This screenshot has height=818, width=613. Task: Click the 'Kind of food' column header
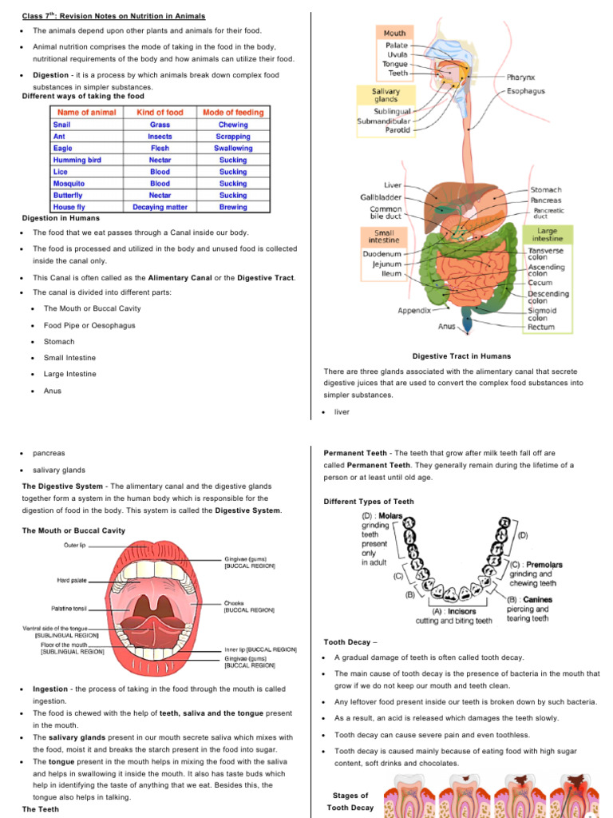coord(160,113)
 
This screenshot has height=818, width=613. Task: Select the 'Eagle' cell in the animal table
coord(62,148)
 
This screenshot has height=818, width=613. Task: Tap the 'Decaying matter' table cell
coord(160,207)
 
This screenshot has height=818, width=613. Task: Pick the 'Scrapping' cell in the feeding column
coord(233,137)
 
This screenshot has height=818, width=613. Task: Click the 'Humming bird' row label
coord(77,160)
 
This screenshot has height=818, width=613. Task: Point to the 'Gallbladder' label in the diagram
coord(381,197)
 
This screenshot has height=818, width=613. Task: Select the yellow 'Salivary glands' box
coord(386,96)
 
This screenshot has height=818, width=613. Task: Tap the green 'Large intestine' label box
coord(547,234)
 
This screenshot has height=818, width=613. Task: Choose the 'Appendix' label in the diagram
coord(414,310)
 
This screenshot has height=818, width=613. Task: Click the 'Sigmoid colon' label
coord(542,315)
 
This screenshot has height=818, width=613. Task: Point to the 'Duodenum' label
coord(382,252)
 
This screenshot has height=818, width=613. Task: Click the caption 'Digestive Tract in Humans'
coord(461,356)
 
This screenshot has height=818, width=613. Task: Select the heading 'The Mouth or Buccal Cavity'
coord(73,530)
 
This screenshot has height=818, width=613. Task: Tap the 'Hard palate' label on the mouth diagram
coord(72,580)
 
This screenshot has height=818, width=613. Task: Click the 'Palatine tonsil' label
coord(69,609)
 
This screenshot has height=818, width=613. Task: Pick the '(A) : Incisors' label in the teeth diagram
coord(453,611)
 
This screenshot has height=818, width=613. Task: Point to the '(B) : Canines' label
coord(529,599)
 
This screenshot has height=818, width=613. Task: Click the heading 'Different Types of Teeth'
coord(369,502)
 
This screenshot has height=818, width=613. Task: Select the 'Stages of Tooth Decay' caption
coord(350,801)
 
